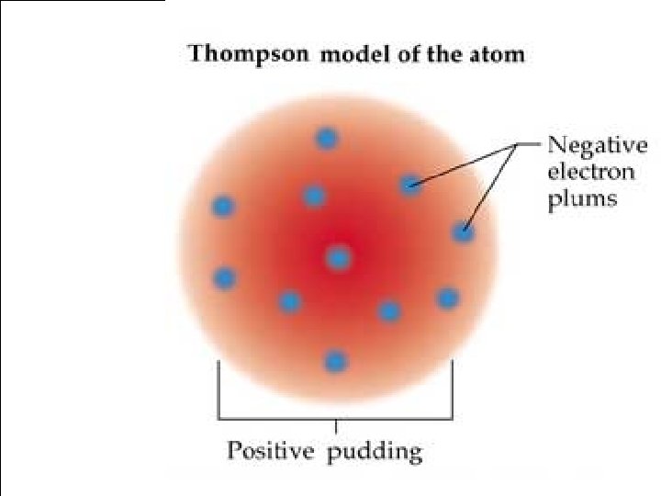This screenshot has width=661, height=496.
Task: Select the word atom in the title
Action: point(499,54)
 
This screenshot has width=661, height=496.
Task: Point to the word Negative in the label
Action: point(597,146)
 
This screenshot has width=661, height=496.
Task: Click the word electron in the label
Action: point(589,173)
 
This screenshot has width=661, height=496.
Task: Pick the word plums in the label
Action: point(582,199)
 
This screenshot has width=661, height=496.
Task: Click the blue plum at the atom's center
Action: point(339,258)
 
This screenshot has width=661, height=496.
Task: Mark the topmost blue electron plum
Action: point(327,139)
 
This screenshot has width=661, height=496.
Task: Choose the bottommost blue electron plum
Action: point(336,361)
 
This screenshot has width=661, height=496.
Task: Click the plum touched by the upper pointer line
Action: point(410,186)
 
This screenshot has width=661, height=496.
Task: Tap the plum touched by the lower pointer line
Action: point(464,233)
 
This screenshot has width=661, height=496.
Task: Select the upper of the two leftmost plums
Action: point(222,207)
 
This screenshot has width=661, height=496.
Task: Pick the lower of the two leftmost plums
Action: point(224,276)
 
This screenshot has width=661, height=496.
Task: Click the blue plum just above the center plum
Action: point(314,195)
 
